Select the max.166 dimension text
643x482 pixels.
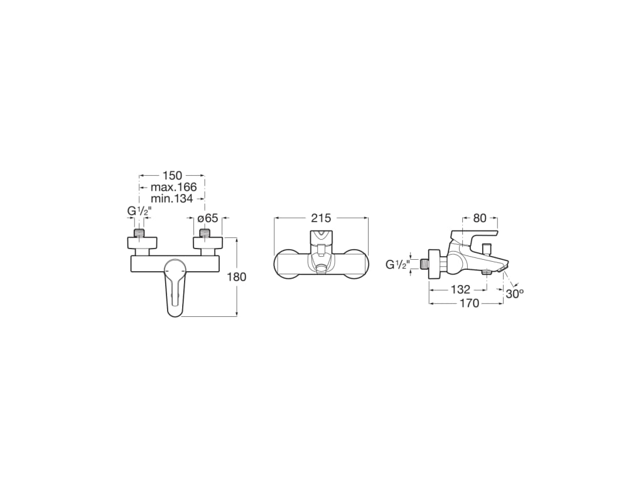coord(173,187)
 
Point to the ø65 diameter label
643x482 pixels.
coord(207,218)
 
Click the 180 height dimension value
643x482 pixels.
coord(237,277)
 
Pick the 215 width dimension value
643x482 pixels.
coord(321,218)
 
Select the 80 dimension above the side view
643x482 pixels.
coord(480,218)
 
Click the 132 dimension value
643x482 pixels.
coord(460,289)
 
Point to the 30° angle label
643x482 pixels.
coord(514,293)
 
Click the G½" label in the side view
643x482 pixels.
coord(397,265)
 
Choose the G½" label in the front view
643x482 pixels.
coord(139,212)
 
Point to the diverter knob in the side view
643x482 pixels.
coord(487,245)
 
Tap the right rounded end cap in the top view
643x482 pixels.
coord(359,264)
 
